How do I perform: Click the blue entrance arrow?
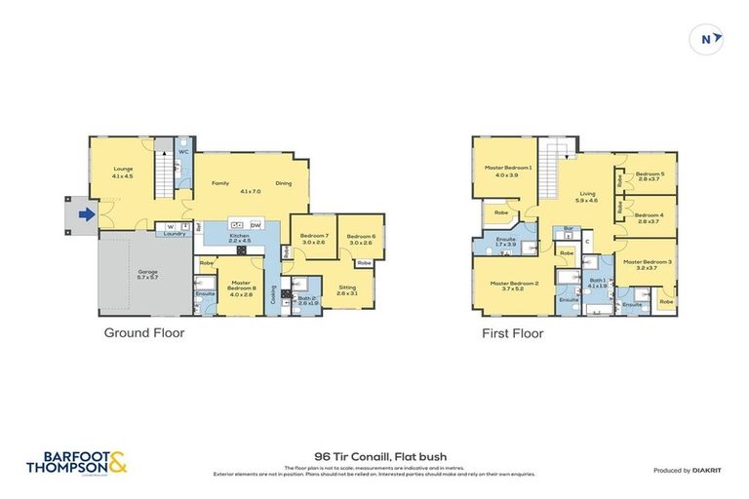86,214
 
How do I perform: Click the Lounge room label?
122,173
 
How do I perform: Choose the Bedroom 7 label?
313,239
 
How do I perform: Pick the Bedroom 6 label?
360,239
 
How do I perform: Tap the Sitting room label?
346,289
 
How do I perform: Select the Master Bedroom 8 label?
241,285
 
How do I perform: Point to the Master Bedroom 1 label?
508,171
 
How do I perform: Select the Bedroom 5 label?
649,176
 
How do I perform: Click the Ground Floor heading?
144,332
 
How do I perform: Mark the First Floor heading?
512,332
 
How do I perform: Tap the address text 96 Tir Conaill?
374,455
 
